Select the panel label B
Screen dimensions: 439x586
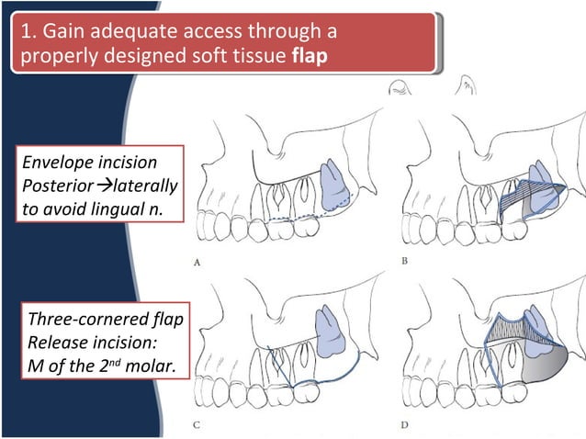point(405,261)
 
